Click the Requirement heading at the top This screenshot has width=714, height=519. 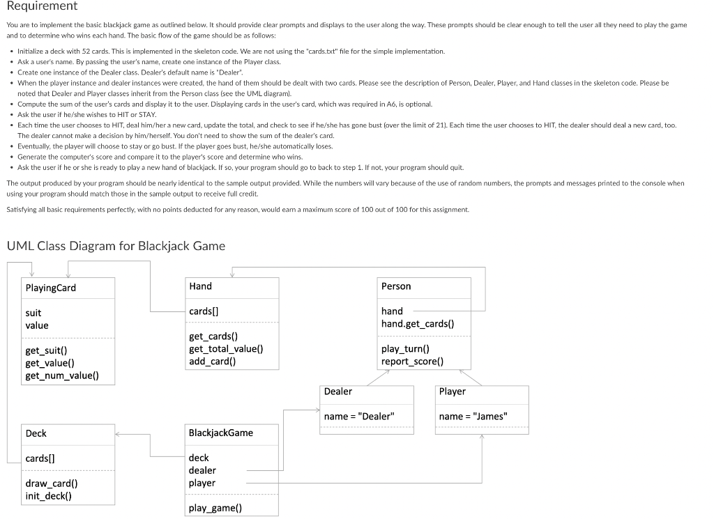[x=42, y=6]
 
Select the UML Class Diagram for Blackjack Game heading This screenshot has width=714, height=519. [x=116, y=246]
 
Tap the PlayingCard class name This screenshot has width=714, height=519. [x=51, y=288]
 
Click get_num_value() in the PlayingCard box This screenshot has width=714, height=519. [x=62, y=375]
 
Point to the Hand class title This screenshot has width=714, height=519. [x=200, y=286]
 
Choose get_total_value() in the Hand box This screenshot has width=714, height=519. [x=226, y=349]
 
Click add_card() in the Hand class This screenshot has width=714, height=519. [x=212, y=361]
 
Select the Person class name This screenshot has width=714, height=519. [x=396, y=286]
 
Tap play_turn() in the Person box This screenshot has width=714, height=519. [x=405, y=349]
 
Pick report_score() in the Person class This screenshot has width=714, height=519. [x=412, y=361]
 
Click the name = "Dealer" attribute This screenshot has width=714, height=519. [x=359, y=417]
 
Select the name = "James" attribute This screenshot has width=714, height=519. [x=473, y=417]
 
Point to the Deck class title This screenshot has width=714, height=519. [x=36, y=433]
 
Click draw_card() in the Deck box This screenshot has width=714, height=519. [x=52, y=483]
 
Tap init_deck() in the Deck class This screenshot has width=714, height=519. [x=48, y=496]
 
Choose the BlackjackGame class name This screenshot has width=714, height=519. [x=221, y=433]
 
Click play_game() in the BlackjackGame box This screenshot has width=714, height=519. [x=215, y=508]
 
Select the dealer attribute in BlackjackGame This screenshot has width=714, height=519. [x=202, y=470]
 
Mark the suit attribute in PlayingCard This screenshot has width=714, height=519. [x=33, y=313]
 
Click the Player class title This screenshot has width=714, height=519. [x=452, y=392]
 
